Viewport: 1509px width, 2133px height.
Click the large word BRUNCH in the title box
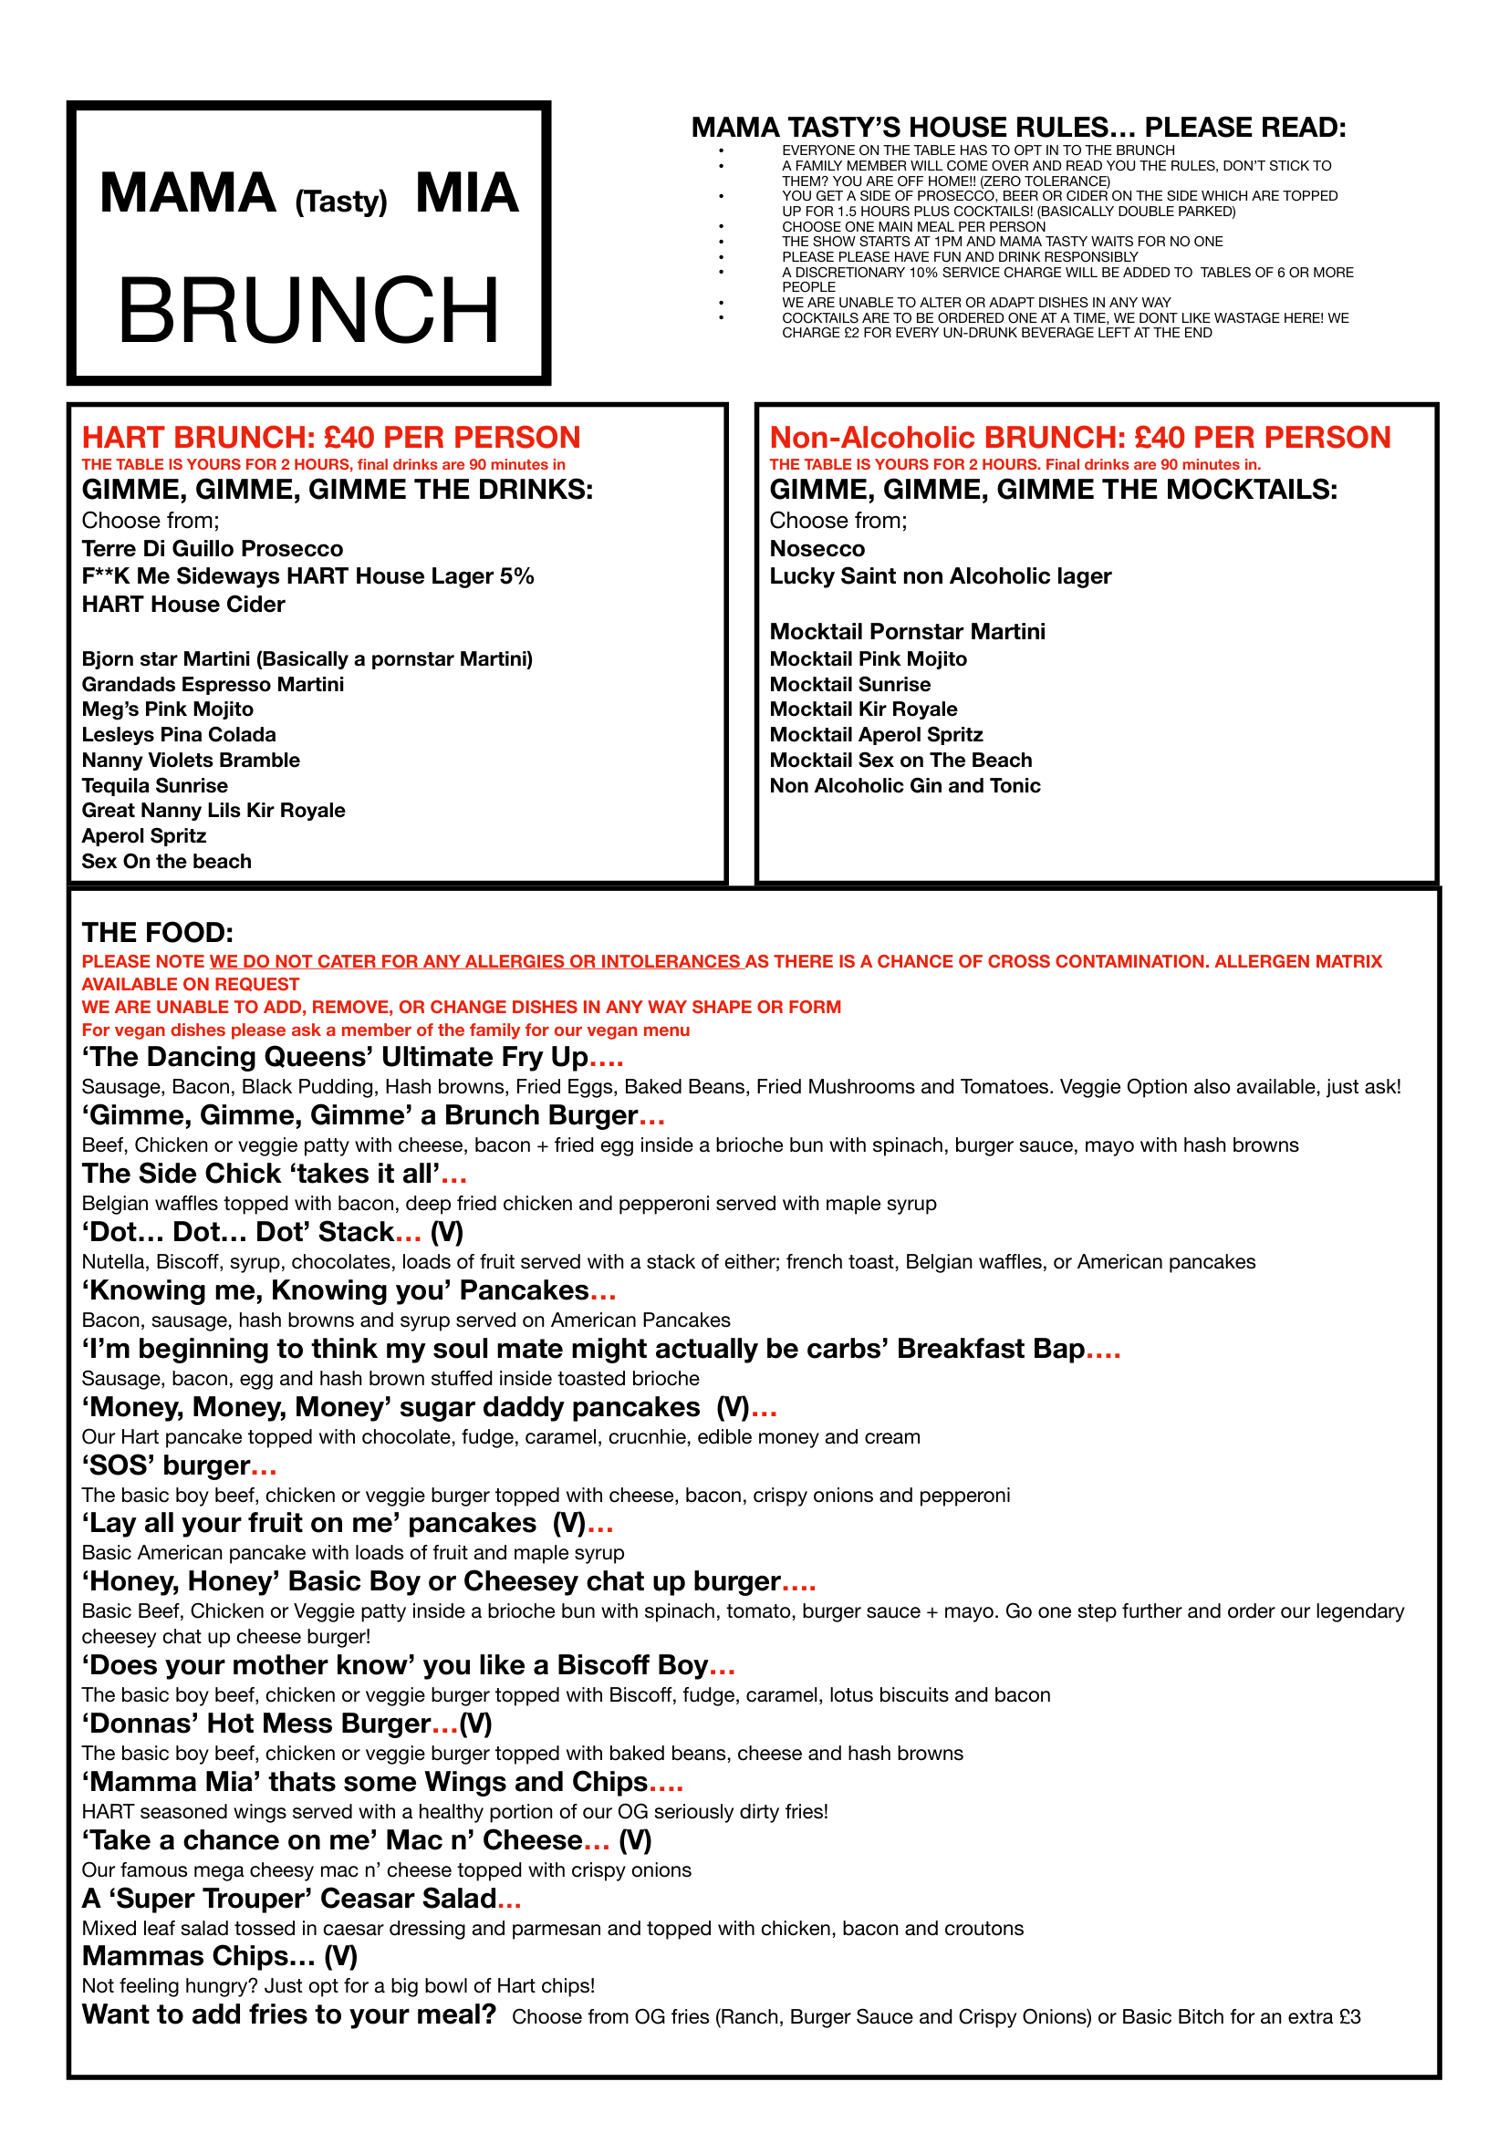click(308, 310)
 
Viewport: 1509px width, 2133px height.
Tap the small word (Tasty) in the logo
click(341, 202)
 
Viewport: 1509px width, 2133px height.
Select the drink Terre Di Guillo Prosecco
click(212, 549)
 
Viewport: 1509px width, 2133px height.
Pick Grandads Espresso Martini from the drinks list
click(212, 685)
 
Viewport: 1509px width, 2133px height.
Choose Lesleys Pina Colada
click(179, 735)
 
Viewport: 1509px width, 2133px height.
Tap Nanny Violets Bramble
click(191, 760)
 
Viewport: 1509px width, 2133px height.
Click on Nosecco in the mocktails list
click(817, 549)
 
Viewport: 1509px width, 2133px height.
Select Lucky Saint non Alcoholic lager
click(940, 576)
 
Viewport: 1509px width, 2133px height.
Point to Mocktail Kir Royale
click(863, 709)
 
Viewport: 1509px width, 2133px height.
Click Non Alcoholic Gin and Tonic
click(904, 786)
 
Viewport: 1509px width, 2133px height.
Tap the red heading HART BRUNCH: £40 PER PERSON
click(331, 437)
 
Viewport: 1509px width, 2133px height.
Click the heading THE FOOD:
click(157, 933)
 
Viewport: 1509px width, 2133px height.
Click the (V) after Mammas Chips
click(341, 1956)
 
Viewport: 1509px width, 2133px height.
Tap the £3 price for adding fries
click(1349, 2017)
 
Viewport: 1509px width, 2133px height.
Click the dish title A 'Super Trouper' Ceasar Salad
click(290, 1898)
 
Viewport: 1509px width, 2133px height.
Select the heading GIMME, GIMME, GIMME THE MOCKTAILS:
click(1053, 490)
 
